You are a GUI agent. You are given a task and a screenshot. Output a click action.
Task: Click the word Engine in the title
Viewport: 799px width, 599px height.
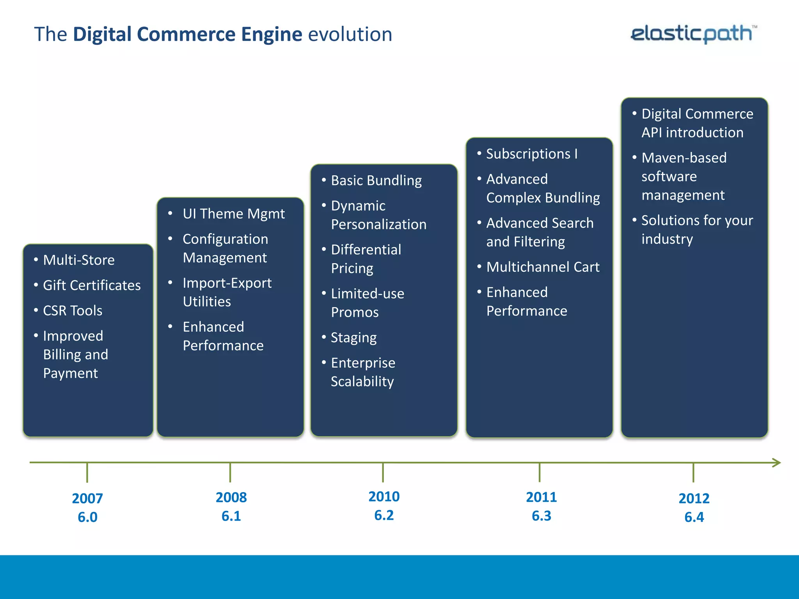[x=272, y=34]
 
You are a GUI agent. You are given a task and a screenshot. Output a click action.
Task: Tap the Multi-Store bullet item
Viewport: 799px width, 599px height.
[x=78, y=260]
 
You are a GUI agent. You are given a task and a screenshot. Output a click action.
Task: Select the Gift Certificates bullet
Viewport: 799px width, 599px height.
[x=92, y=285]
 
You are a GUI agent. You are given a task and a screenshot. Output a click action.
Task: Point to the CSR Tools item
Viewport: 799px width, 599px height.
[x=73, y=311]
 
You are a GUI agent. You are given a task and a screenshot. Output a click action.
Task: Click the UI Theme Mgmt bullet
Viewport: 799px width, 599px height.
[x=233, y=214]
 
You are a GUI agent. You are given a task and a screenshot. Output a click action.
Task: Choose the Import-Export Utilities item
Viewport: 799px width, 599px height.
[x=227, y=292]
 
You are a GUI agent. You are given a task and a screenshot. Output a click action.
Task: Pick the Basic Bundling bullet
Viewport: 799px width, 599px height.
[x=376, y=181]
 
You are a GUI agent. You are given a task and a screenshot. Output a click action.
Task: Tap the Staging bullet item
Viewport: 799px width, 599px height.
[x=353, y=338]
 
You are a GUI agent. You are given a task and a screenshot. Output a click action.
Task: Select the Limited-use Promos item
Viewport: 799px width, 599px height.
[x=367, y=303]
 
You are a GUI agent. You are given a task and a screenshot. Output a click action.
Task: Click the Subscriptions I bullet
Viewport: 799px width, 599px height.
[x=531, y=154]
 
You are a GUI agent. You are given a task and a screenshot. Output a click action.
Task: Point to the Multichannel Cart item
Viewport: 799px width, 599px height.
[x=543, y=267]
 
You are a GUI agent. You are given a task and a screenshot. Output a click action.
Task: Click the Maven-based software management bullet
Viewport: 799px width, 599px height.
[x=684, y=176]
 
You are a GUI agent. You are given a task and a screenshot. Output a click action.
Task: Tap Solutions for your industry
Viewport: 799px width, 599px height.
[x=697, y=230]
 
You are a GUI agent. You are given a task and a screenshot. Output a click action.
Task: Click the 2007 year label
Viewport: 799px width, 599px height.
[x=87, y=498]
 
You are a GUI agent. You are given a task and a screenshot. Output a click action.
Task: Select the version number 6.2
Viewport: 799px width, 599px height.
[x=384, y=516]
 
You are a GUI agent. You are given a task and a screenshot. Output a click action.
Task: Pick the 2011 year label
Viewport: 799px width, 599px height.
[x=541, y=497]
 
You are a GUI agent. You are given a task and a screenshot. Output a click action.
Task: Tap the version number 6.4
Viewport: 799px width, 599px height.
[x=694, y=517]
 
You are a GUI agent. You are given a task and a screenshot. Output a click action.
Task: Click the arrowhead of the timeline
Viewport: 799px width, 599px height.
[x=776, y=463]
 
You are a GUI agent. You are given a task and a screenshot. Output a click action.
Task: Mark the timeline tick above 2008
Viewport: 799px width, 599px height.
[x=230, y=472]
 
